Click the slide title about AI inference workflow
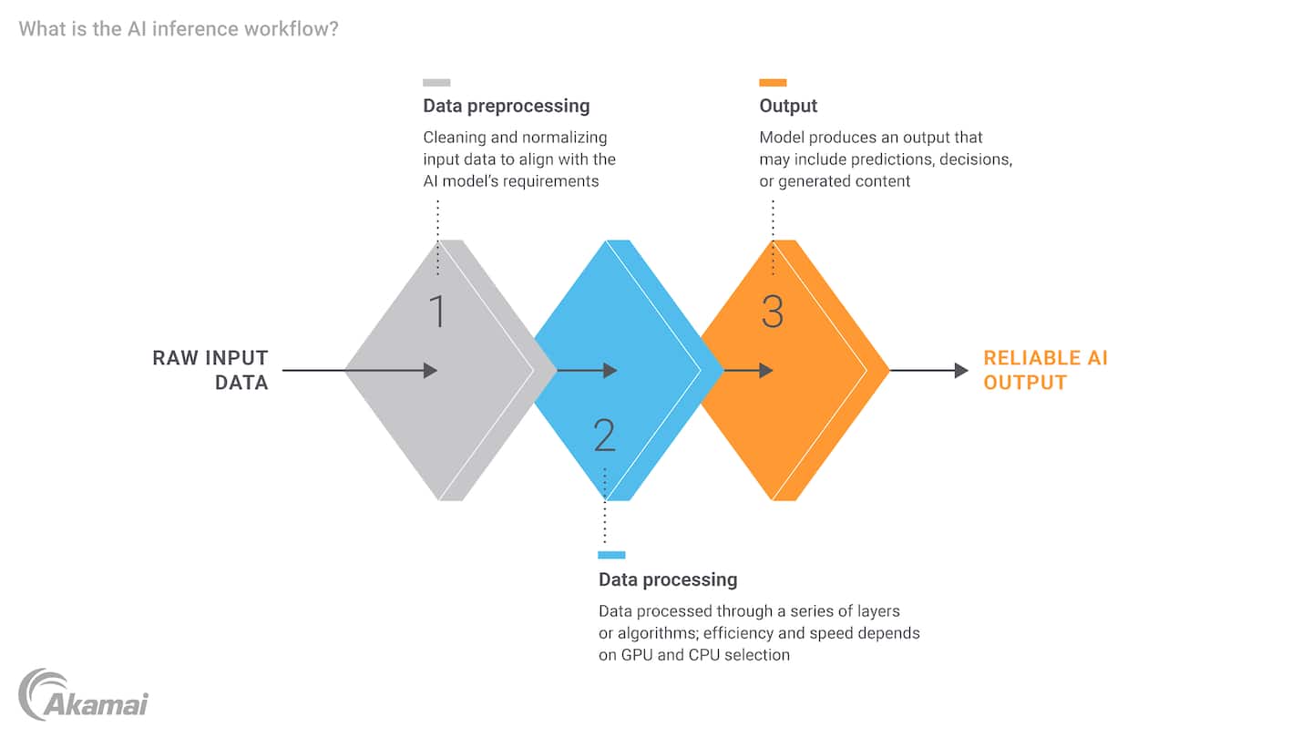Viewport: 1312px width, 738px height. point(179,29)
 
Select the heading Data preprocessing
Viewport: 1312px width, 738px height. point(506,106)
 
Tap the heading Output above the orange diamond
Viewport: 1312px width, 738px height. point(788,106)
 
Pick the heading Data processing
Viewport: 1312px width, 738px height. point(667,579)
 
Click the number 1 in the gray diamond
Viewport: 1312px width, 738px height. point(437,312)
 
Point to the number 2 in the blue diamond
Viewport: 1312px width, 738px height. point(604,436)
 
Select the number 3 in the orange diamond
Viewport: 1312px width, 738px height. point(772,312)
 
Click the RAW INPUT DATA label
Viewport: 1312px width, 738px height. point(210,370)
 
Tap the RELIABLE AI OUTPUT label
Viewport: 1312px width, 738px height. point(1045,370)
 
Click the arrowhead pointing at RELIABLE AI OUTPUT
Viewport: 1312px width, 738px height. point(961,370)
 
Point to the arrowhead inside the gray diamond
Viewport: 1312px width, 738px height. point(431,370)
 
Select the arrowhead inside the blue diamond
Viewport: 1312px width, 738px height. point(610,370)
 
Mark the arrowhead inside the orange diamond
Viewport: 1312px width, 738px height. point(766,370)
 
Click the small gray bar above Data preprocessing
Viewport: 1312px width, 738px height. point(436,82)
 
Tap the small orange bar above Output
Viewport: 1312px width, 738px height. point(773,82)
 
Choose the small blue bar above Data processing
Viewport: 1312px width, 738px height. point(611,555)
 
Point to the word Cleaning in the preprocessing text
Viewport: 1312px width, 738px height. point(454,138)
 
